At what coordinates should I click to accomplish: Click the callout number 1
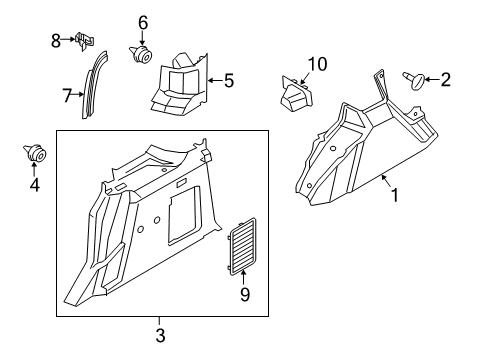pos(395,195)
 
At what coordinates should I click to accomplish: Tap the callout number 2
pos(446,80)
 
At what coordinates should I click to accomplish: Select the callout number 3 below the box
pos(160,335)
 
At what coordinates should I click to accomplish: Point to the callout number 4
pos(35,185)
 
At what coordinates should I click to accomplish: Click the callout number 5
pos(229,81)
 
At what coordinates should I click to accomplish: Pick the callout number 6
pos(143,23)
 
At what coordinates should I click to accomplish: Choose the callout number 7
pos(67,96)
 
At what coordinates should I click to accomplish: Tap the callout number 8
pos(56,41)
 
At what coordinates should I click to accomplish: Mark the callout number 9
pos(245,295)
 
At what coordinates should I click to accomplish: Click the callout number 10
pos(317,64)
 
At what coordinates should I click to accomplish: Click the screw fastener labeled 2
pos(414,80)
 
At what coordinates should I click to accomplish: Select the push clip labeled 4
pos(35,153)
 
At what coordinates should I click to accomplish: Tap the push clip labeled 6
pos(141,54)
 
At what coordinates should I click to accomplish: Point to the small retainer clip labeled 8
pos(85,41)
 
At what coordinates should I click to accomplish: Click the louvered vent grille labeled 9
pos(242,247)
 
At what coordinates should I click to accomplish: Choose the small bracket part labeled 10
pos(296,93)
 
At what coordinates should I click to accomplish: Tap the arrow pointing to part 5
pos(215,80)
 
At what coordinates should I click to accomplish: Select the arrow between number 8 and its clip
pos(68,39)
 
